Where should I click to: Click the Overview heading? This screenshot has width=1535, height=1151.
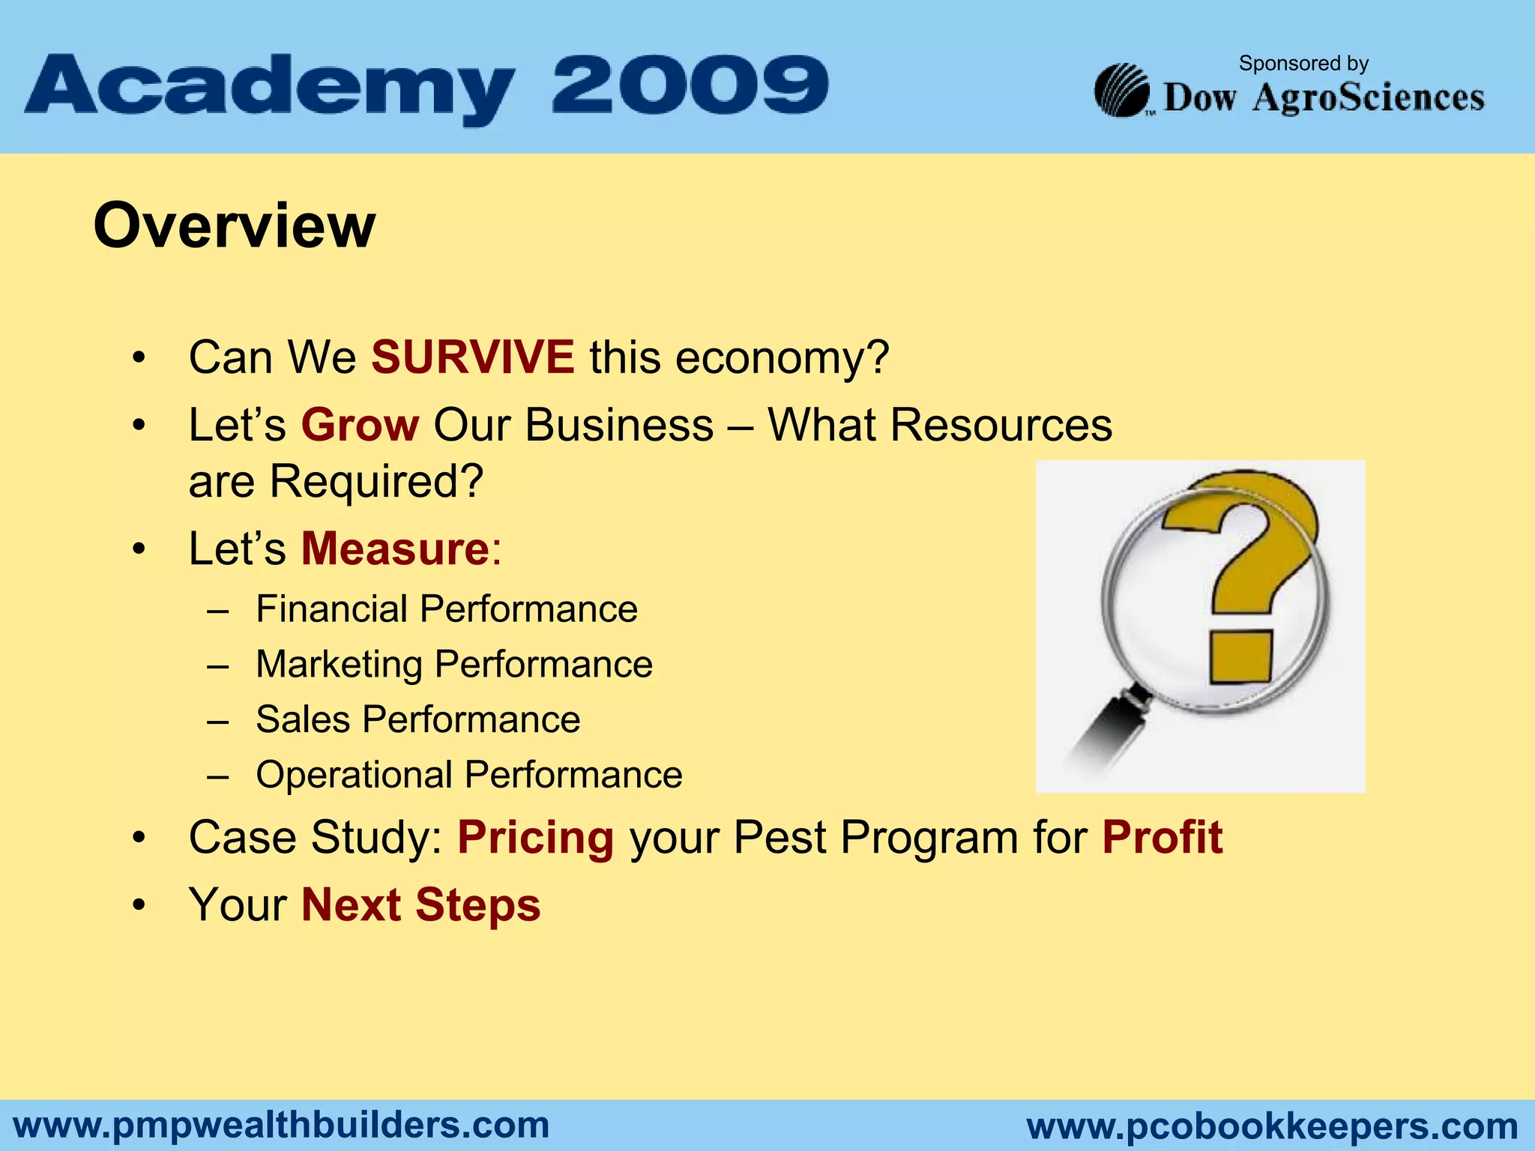tap(234, 226)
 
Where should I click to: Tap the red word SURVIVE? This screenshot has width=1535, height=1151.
tap(473, 357)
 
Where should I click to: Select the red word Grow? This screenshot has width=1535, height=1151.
tap(360, 425)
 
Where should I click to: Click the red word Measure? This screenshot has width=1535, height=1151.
tap(395, 549)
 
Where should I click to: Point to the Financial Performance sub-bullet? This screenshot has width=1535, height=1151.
tap(446, 608)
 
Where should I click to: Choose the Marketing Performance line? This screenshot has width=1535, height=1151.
tap(453, 664)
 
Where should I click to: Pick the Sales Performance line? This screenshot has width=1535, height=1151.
tap(417, 719)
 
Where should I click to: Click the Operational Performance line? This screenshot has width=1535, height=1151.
tap(468, 775)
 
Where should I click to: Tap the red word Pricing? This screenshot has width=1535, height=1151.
tap(535, 837)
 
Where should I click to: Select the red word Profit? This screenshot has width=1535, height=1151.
tap(1162, 837)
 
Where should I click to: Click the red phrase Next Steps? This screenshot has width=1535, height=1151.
tap(420, 904)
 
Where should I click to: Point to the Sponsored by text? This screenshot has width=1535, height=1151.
tap(1303, 64)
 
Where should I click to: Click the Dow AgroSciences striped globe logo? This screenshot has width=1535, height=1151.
tap(1122, 91)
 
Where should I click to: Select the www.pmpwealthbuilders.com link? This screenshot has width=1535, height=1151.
tap(281, 1125)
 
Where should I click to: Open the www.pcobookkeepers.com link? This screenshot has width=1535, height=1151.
tap(1272, 1126)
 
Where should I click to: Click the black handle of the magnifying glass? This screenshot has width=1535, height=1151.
tap(1109, 731)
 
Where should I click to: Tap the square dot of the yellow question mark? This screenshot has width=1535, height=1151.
tap(1240, 657)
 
